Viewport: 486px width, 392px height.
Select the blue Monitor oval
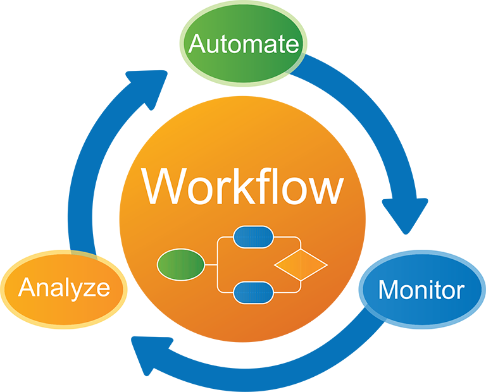(x=421, y=290)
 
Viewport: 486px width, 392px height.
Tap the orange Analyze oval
(x=64, y=288)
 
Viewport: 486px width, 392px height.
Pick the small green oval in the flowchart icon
(x=180, y=264)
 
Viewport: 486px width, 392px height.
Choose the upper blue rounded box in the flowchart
(x=253, y=237)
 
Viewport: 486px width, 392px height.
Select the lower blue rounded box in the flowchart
(x=253, y=292)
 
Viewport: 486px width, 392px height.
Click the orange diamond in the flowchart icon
(x=300, y=264)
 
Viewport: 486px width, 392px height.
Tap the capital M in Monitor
(x=389, y=290)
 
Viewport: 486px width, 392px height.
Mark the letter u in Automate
(x=213, y=46)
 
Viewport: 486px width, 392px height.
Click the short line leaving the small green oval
(x=211, y=264)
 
